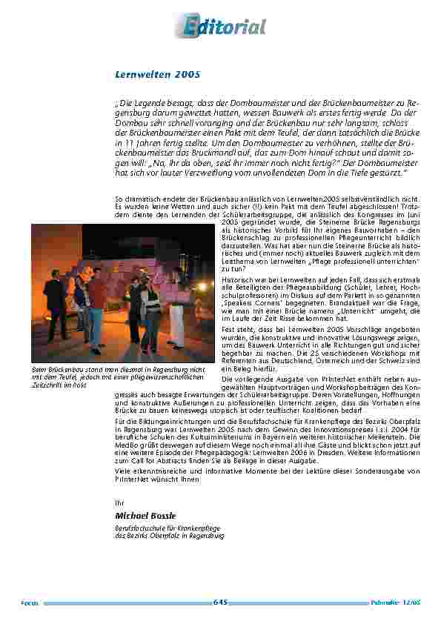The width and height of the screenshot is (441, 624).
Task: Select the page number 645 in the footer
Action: pyautogui.click(x=220, y=602)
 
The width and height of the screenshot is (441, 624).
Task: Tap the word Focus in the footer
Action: pyautogui.click(x=30, y=603)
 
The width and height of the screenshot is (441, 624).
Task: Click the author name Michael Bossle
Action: pyautogui.click(x=145, y=515)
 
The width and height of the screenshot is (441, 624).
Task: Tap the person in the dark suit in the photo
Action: pyautogui.click(x=56, y=300)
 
